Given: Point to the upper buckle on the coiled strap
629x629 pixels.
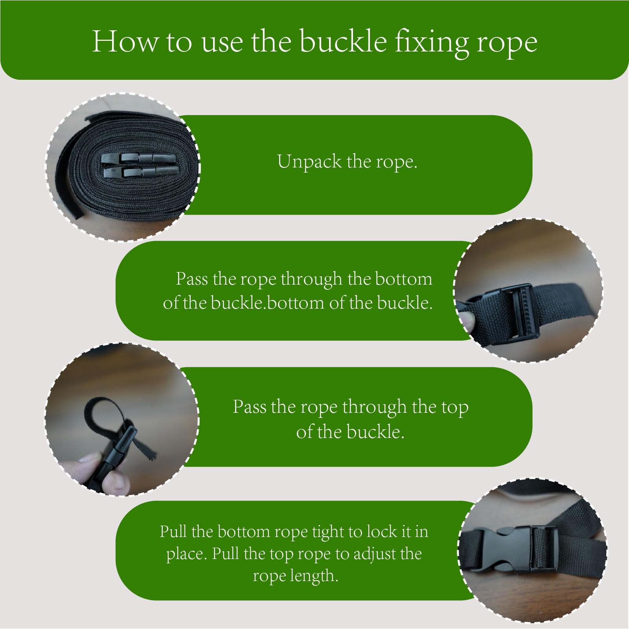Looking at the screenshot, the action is click(140, 158).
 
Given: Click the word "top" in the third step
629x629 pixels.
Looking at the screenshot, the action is click(454, 408).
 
